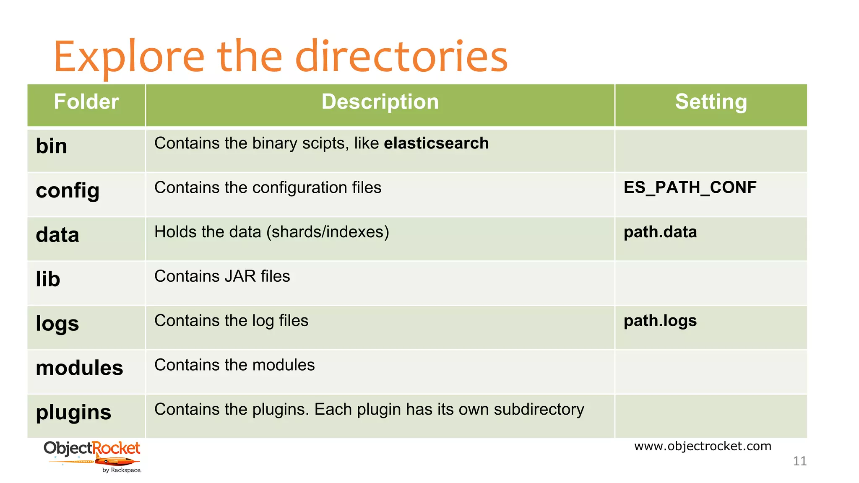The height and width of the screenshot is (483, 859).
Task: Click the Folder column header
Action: point(86,102)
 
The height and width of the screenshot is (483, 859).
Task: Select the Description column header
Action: point(380,102)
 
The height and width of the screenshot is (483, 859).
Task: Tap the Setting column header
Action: point(711,102)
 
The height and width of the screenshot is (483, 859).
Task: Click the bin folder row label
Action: point(52,146)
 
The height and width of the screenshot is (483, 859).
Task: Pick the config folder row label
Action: point(68,191)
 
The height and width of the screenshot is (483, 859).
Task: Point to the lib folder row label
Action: point(48,279)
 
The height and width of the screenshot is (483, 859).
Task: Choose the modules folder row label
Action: point(79,368)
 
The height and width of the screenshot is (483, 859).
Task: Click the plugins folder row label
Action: point(73,413)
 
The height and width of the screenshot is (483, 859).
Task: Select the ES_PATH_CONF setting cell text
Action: point(690,187)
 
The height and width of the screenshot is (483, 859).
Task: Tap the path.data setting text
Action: point(660,232)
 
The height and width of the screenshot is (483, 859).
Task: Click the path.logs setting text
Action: point(660,321)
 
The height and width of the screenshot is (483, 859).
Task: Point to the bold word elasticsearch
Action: point(436,143)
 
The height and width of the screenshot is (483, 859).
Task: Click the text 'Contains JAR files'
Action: point(222,276)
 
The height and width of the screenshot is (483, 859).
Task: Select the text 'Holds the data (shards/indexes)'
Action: point(271,232)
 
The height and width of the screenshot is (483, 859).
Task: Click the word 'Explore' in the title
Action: point(129,57)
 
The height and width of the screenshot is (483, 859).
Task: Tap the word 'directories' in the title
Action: point(401,57)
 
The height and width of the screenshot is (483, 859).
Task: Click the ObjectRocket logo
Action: point(92,456)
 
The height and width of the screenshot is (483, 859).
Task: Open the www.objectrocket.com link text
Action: point(703,446)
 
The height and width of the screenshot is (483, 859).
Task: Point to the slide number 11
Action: point(799,461)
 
